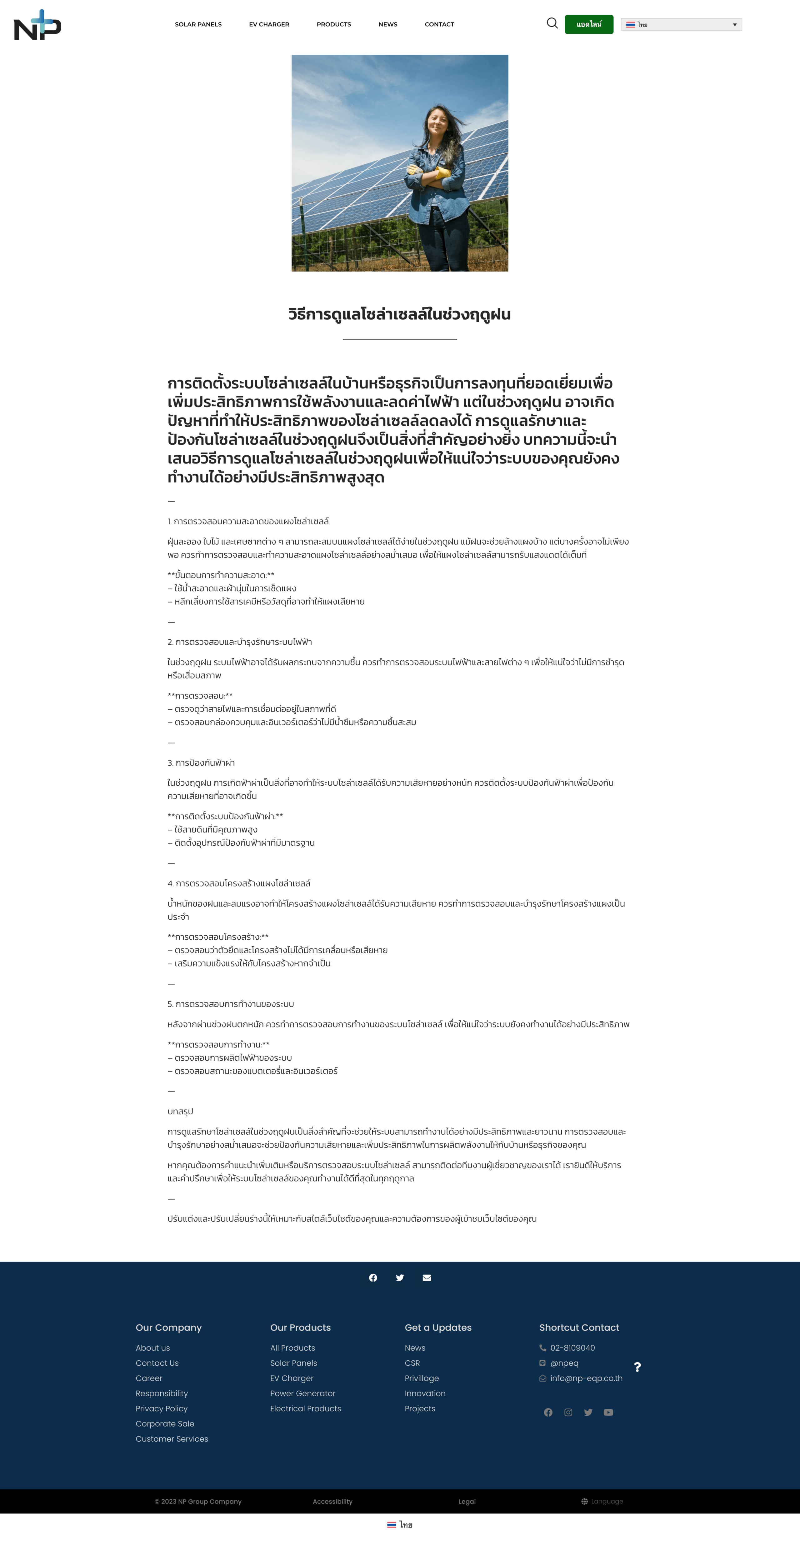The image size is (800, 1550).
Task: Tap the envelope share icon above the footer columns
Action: pos(427,1277)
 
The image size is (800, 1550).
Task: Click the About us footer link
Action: pos(153,1348)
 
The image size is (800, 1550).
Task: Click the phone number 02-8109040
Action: pos(572,1348)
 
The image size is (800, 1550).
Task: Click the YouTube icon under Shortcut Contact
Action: pos(608,1412)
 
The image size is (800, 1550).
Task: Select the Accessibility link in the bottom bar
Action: pos(332,1501)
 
